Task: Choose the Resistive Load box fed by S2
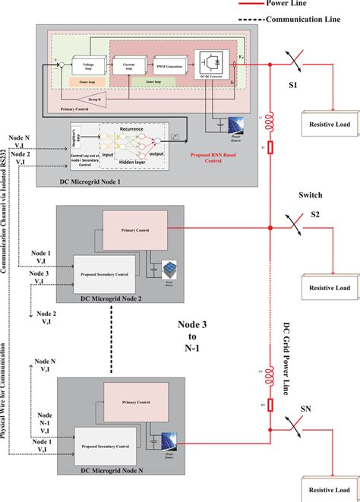[x=330, y=287]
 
